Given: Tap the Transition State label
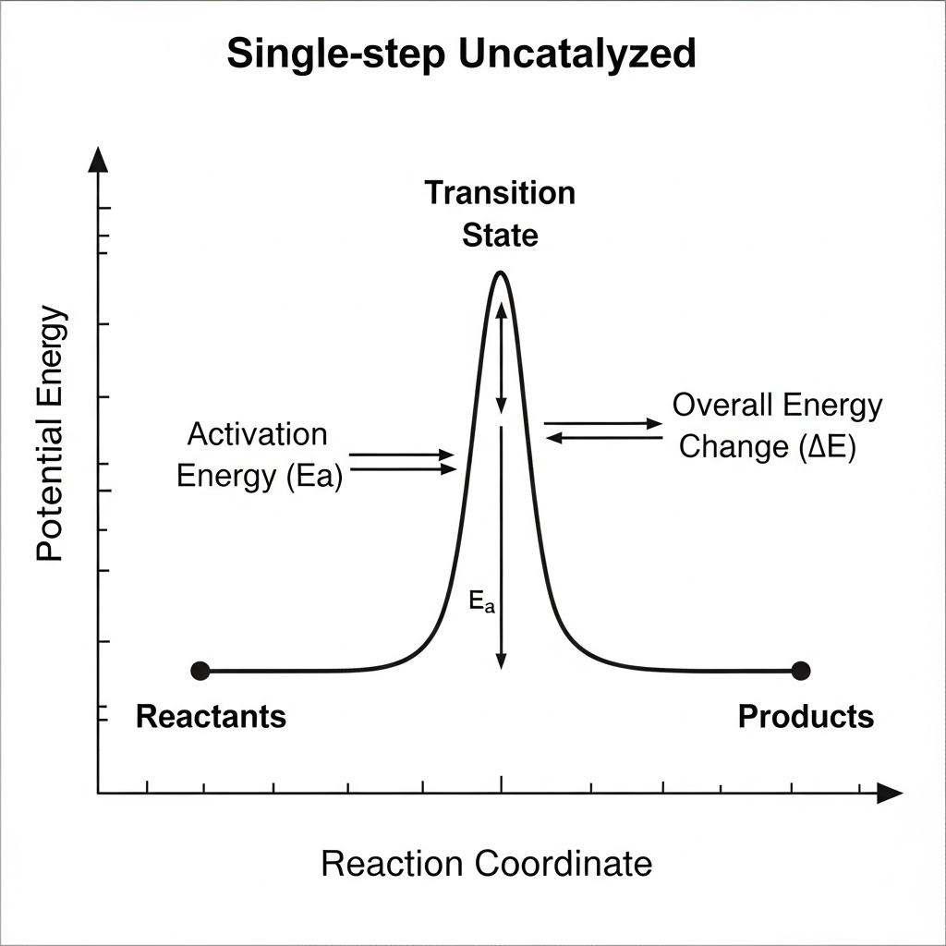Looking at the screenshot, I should pos(500,213).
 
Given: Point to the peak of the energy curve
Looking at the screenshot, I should pos(500,273).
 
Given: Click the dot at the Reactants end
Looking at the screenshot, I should pos(200,670).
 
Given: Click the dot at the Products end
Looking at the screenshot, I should pos(800,670).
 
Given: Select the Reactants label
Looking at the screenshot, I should pos(211,716).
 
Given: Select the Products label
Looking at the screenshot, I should pos(806,716).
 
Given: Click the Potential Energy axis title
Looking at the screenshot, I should pos(51,434).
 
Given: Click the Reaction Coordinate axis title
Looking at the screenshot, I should pos(486,864).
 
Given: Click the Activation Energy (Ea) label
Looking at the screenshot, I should pos(258,455).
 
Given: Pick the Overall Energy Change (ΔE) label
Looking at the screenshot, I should pos(777,426).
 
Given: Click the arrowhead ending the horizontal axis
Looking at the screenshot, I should pos(890,793).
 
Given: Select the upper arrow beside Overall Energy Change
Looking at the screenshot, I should pos(603,423).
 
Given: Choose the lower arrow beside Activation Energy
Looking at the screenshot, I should pos(404,469).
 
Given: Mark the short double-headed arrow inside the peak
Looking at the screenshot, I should pos(501,358).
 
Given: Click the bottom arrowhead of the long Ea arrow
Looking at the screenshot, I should pos(501,661).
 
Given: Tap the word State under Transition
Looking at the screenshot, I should pos(500,236).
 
